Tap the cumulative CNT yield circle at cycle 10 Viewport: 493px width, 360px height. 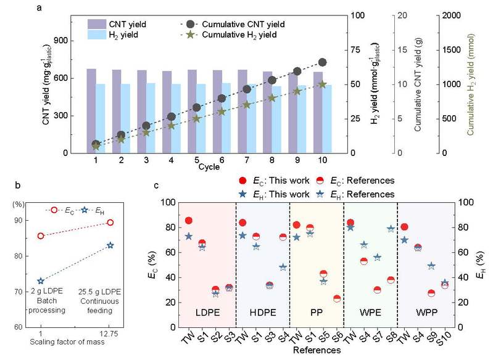(322, 62)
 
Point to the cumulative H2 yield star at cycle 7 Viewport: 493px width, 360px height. (247, 105)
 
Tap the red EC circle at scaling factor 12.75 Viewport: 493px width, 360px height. (110, 223)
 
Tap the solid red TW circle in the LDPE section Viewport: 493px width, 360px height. (189, 221)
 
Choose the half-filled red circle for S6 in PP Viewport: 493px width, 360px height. (336, 299)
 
